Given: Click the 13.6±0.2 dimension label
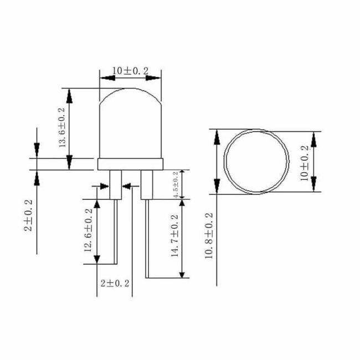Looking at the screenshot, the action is coord(63,127).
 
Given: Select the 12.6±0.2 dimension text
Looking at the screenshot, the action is coord(89,230).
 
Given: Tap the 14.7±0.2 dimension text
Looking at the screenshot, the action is coord(175,236).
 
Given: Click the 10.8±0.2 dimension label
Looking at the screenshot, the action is coord(209,236).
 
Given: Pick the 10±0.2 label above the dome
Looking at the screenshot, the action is coord(130,71).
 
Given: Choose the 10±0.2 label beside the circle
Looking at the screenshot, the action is coord(305,163).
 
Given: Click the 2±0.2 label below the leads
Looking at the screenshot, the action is coord(115,284).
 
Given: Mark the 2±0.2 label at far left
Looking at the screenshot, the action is coord(28,215).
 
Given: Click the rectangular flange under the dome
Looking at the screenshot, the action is coord(130,164).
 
